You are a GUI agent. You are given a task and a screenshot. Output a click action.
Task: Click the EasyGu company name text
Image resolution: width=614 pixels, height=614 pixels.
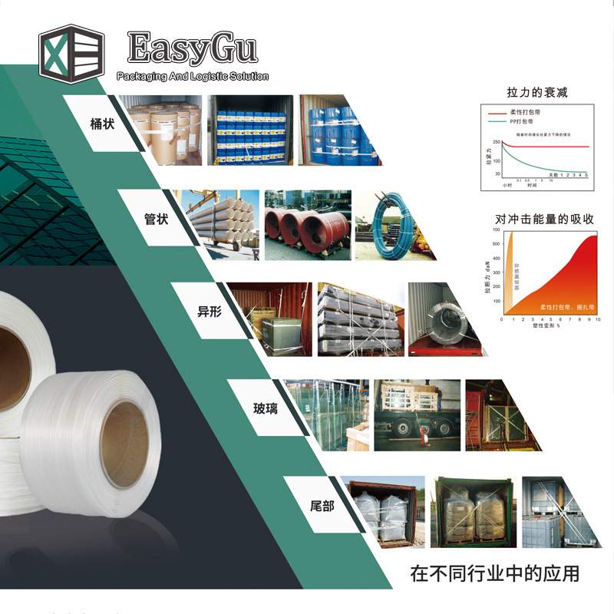(192, 48)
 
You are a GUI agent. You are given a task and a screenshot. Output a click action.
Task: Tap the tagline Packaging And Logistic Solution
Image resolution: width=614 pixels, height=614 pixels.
(192, 76)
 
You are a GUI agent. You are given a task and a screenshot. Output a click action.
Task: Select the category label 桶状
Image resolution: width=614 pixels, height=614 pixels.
(102, 123)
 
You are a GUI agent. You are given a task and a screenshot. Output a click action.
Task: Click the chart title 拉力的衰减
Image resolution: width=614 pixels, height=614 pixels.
(537, 93)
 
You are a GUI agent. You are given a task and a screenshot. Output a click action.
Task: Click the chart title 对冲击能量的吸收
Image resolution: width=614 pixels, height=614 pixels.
(534, 219)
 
